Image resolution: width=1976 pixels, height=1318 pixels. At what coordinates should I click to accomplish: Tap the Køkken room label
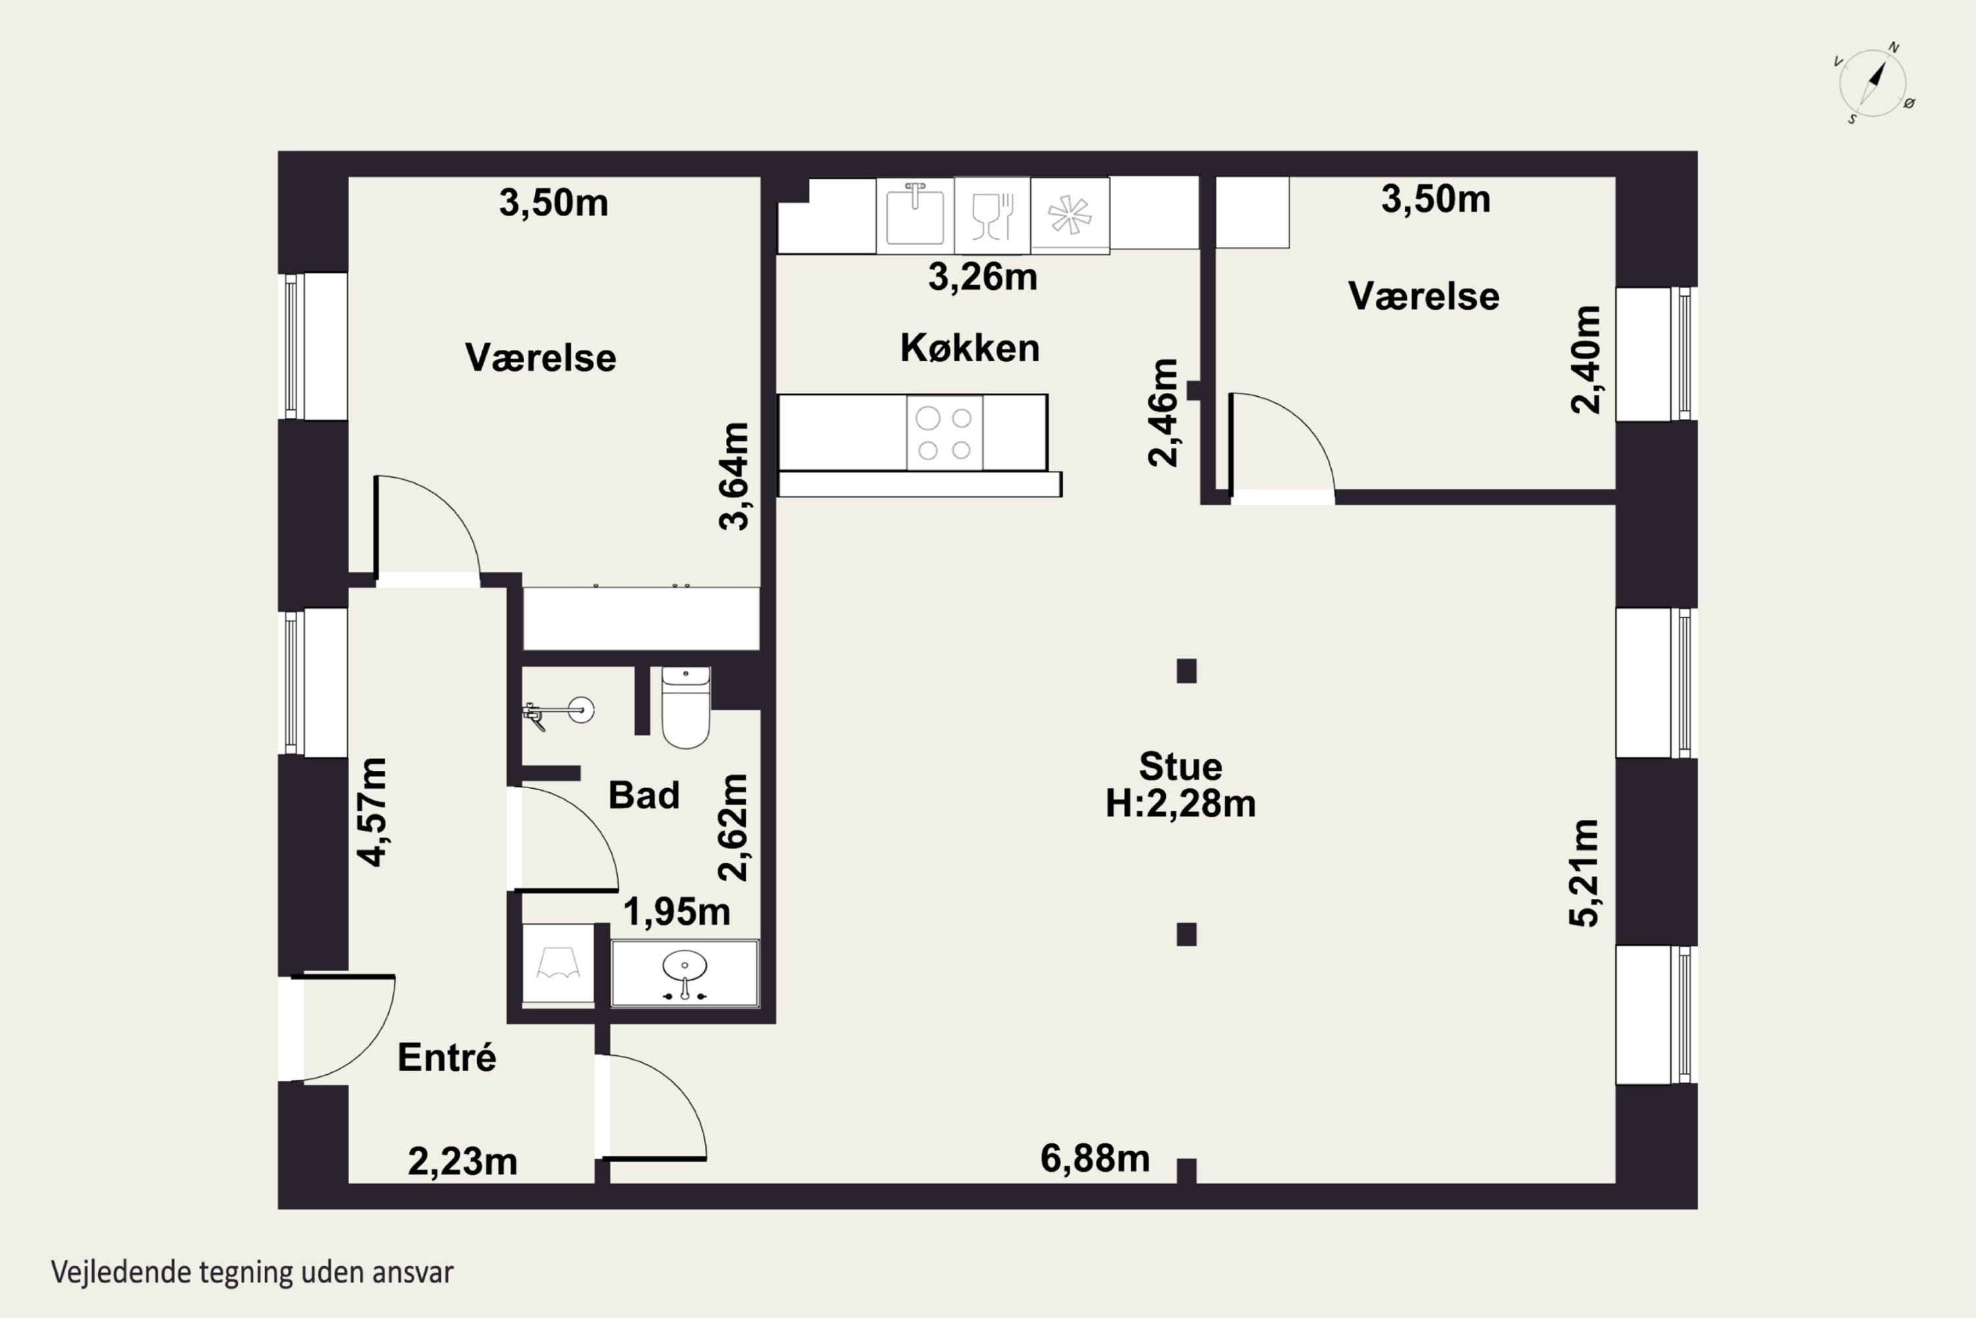(x=970, y=348)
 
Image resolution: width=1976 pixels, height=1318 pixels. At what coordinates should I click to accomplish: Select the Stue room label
(x=1180, y=766)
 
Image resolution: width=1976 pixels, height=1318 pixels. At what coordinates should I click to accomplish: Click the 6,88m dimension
(x=1095, y=1159)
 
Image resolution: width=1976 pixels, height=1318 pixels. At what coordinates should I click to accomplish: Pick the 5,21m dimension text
(x=1585, y=873)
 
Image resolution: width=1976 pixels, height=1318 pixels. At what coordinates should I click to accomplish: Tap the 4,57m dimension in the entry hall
(x=371, y=811)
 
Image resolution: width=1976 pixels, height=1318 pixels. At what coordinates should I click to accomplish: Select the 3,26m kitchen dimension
(x=982, y=277)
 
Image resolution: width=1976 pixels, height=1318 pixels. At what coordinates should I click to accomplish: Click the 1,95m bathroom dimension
(x=676, y=911)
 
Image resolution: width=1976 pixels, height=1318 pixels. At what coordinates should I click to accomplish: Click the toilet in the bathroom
(x=686, y=707)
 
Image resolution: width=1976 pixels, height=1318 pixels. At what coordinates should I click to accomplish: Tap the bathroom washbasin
(x=685, y=973)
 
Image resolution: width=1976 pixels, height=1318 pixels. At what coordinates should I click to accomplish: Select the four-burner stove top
(x=945, y=434)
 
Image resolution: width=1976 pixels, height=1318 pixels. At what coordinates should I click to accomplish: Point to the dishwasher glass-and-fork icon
(x=992, y=215)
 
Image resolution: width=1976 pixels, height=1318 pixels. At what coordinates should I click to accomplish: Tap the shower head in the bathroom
(x=559, y=712)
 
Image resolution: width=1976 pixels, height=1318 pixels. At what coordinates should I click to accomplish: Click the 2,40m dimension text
(x=1585, y=359)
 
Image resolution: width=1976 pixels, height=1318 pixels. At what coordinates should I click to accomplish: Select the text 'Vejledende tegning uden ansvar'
(x=252, y=1273)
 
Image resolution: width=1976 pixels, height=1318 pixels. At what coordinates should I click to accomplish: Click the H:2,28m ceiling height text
(x=1180, y=803)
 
